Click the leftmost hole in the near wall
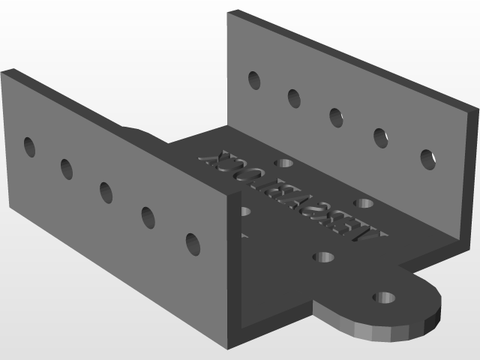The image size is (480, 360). (29, 147)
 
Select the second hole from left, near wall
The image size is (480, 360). (67, 169)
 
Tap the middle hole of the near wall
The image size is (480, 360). (106, 192)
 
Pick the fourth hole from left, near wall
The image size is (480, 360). (148, 217)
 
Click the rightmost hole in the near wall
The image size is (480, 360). (193, 244)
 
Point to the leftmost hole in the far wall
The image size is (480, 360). (254, 79)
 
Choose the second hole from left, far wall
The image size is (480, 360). (293, 97)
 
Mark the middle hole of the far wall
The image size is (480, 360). (335, 117)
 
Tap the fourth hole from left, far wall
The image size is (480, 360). (380, 137)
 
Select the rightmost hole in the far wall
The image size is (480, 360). (427, 159)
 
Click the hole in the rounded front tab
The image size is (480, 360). (385, 298)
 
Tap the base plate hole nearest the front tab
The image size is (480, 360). (323, 257)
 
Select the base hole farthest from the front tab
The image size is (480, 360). (283, 163)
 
